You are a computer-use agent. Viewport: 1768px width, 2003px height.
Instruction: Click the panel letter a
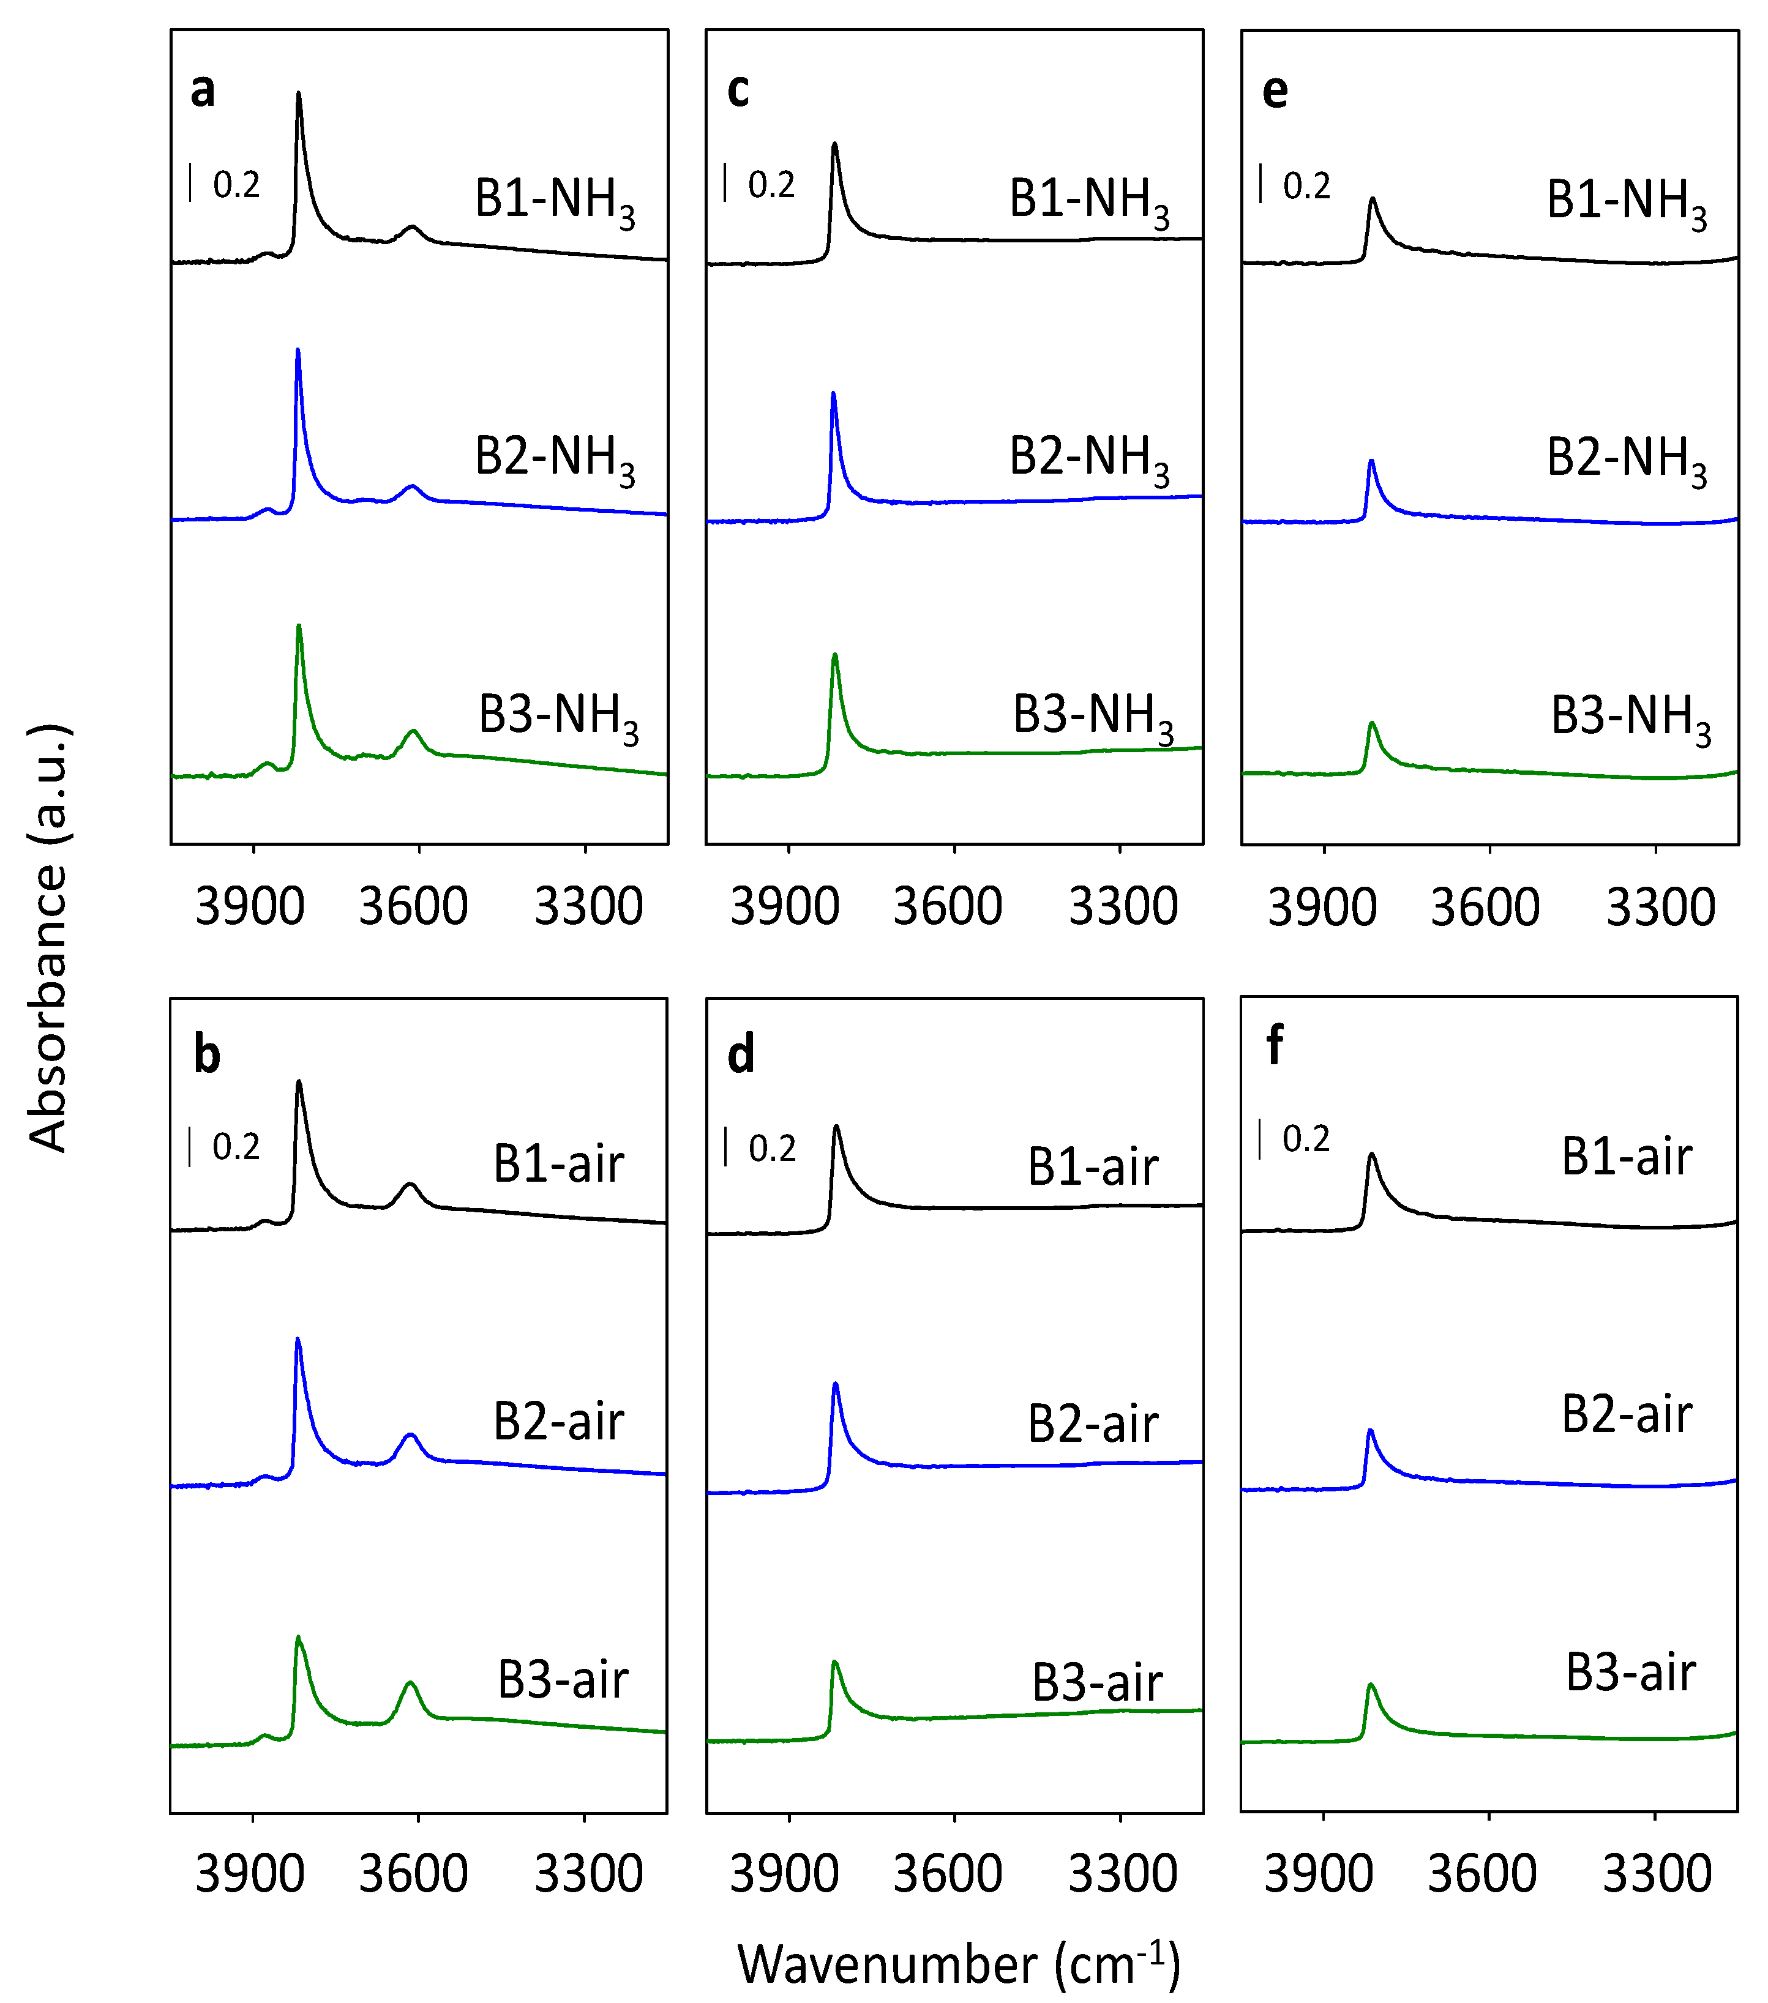point(203,90)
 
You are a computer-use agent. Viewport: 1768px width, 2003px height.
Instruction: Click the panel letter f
point(1274,1046)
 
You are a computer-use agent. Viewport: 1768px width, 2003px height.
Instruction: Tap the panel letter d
point(741,1056)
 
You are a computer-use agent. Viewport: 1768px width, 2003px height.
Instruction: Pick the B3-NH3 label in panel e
point(1631,719)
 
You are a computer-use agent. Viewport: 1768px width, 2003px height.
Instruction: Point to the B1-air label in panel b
point(559,1164)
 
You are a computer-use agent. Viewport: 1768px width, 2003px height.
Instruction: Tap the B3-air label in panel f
point(1631,1673)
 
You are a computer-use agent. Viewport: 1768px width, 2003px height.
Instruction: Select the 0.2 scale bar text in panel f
point(1306,1139)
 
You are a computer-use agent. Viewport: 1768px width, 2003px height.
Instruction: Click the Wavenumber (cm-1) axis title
point(959,1964)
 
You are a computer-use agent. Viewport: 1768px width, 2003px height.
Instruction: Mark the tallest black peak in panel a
point(299,94)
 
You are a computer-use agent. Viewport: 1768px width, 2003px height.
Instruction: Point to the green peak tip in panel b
point(298,1636)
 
